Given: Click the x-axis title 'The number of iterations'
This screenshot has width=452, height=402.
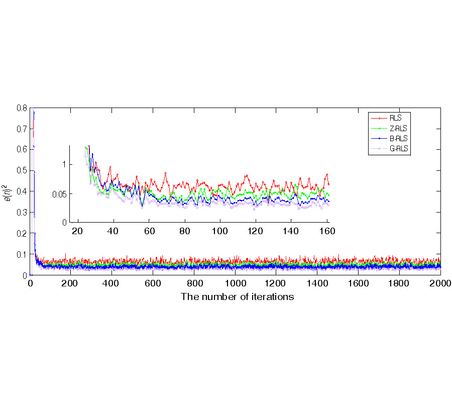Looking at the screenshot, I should (237, 296).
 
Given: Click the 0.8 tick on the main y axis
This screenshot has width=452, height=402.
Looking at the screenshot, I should (21, 108).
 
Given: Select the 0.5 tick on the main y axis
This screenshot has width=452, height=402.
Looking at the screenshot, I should (21, 171).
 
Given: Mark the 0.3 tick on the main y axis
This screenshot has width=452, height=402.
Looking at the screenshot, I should (21, 213).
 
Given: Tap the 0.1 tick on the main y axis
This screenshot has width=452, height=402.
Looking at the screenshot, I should (21, 254).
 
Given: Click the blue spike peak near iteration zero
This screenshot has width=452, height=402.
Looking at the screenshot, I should (34, 112).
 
